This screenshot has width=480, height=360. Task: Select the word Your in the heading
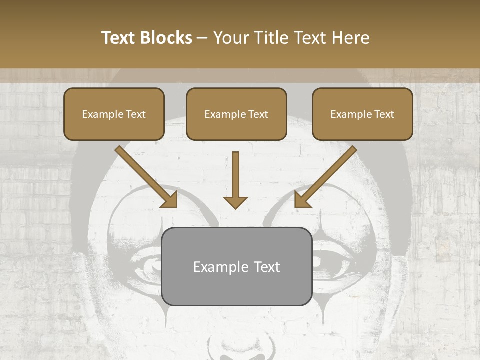click(229, 38)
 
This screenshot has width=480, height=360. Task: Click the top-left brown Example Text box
click(114, 114)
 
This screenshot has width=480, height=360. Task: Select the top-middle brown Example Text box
click(236, 114)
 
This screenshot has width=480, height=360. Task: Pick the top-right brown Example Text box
click(362, 114)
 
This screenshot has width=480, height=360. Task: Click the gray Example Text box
click(237, 266)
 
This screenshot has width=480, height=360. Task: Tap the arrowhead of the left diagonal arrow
click(170, 200)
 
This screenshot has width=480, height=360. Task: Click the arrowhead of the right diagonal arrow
click(302, 200)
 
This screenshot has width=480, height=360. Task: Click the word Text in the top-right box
click(384, 114)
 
